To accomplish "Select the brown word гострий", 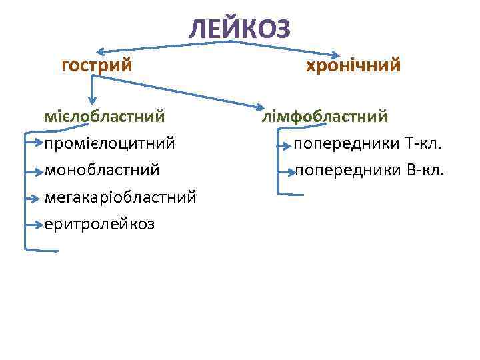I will pyautogui.click(x=97, y=66).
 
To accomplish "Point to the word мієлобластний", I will pyautogui.click(x=105, y=117).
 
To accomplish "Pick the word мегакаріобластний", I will pyautogui.click(x=120, y=197).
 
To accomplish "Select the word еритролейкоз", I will pyautogui.click(x=99, y=223).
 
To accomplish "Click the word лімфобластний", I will pyautogui.click(x=325, y=117).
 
